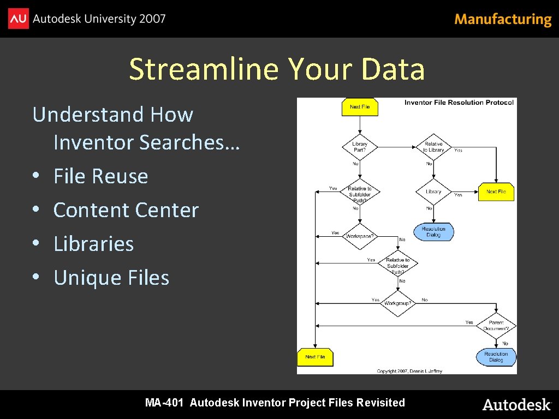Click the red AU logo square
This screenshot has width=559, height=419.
[19, 19]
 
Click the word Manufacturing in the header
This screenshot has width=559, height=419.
[503, 20]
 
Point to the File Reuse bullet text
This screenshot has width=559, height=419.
[101, 176]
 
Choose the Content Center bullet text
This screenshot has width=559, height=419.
[126, 210]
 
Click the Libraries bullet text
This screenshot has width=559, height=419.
[94, 244]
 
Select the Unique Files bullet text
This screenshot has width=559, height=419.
[111, 278]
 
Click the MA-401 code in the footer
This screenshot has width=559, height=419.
[164, 403]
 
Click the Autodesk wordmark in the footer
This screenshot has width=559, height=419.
[516, 404]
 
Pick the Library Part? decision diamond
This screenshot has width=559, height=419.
[360, 147]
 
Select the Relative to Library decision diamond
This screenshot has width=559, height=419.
[433, 147]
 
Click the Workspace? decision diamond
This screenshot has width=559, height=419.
[360, 236]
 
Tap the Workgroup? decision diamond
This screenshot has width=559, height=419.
[398, 303]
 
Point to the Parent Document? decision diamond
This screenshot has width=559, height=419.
[496, 326]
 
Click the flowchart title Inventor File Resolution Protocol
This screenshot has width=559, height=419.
[459, 103]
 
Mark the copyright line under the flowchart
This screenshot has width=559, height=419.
[409, 371]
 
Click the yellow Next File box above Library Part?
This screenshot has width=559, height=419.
[360, 107]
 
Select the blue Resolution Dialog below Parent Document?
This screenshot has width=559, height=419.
[496, 357]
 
